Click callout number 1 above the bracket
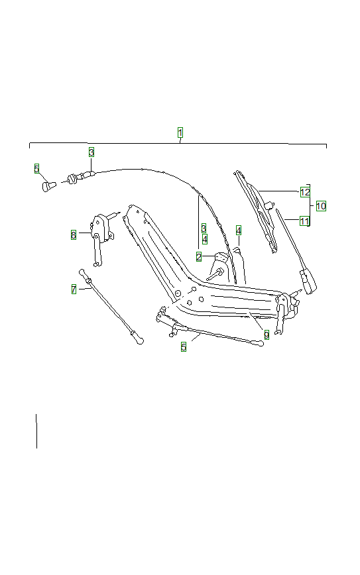point(180,132)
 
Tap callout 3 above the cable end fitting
point(91,152)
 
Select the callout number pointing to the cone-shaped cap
point(37,168)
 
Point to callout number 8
point(74,235)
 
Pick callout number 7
point(74,289)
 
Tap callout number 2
point(199,256)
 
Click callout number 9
point(266,335)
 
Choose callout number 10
point(321,206)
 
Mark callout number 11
point(304,221)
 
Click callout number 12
point(305,192)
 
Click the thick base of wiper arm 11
point(309,278)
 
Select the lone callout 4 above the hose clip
point(239,230)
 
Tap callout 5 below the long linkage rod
point(184,346)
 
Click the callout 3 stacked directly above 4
point(204,228)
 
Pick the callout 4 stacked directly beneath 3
point(205,239)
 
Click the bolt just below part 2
point(217,272)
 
